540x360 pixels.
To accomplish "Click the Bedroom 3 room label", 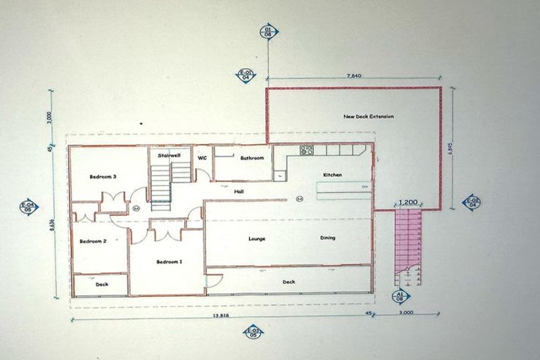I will coord(103,176).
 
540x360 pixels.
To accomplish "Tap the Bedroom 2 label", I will coord(93,241).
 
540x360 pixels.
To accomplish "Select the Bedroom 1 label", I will coord(169,262).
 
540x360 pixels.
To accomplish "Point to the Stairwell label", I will coord(170,155).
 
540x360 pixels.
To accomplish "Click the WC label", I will coord(202,157).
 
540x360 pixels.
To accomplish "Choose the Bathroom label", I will coord(252,158).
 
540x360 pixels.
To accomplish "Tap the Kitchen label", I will coord(333,174).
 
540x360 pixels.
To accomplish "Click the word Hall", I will coord(239,191).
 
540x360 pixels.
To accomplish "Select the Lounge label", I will coord(257,238).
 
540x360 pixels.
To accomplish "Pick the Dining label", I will coord(328,238).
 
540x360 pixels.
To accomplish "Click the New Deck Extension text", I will coord(368,116).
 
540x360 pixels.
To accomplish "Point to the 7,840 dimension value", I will coord(354,75).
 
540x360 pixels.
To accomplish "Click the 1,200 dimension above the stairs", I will coord(408,202).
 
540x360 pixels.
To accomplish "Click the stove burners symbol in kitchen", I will coord(307,150).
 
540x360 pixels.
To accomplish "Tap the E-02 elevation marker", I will coord(471,203).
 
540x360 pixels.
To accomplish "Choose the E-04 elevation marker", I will coord(29,207).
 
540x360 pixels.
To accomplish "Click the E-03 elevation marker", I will coord(252,332).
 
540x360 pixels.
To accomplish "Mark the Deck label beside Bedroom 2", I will coord(101,285).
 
